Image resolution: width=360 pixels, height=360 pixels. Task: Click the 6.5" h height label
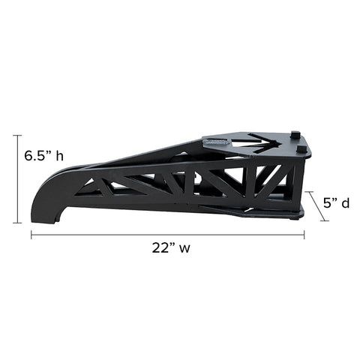(43, 156)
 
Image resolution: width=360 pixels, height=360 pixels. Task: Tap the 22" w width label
(171, 247)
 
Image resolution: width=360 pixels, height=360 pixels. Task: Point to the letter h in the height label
(60, 156)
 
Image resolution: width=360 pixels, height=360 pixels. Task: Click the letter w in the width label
(184, 249)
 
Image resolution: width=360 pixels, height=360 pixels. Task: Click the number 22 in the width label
(160, 247)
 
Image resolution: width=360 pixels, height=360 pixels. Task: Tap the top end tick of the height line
(17, 135)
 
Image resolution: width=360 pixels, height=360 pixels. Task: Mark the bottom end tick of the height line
(17, 223)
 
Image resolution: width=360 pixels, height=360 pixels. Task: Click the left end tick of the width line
(31, 235)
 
